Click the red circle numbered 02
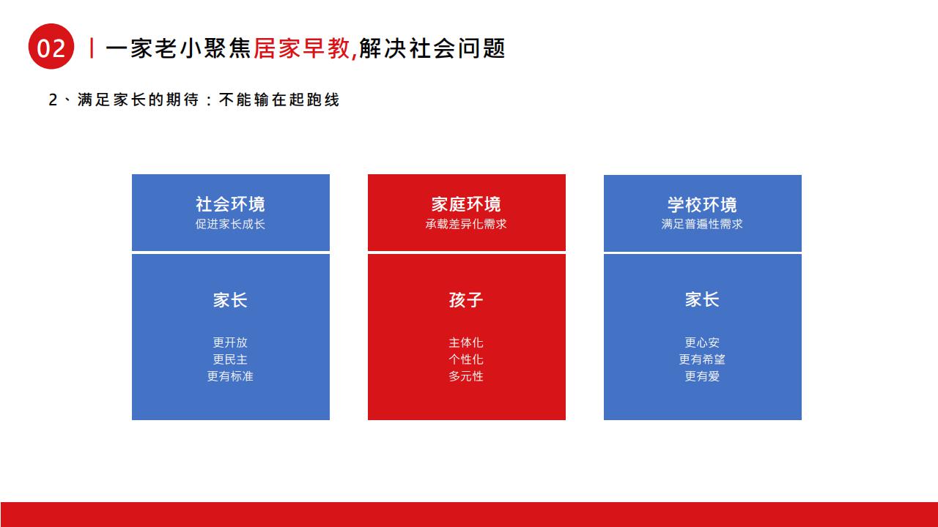[51, 46]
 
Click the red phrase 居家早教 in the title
[301, 48]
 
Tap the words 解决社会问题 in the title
[432, 48]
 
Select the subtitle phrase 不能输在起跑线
[279, 100]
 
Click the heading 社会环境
[230, 204]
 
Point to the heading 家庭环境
[466, 204]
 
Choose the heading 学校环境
[702, 205]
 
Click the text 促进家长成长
[230, 224]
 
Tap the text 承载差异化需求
[466, 224]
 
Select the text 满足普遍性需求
[702, 224]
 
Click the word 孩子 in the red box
[466, 300]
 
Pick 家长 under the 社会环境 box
[230, 300]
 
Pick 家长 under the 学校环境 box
[702, 299]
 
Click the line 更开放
[230, 343]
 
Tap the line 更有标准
[230, 376]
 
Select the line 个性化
[466, 359]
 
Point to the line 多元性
[466, 376]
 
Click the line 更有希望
[702, 359]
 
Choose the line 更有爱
[702, 376]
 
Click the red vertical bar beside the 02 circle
[92, 48]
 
